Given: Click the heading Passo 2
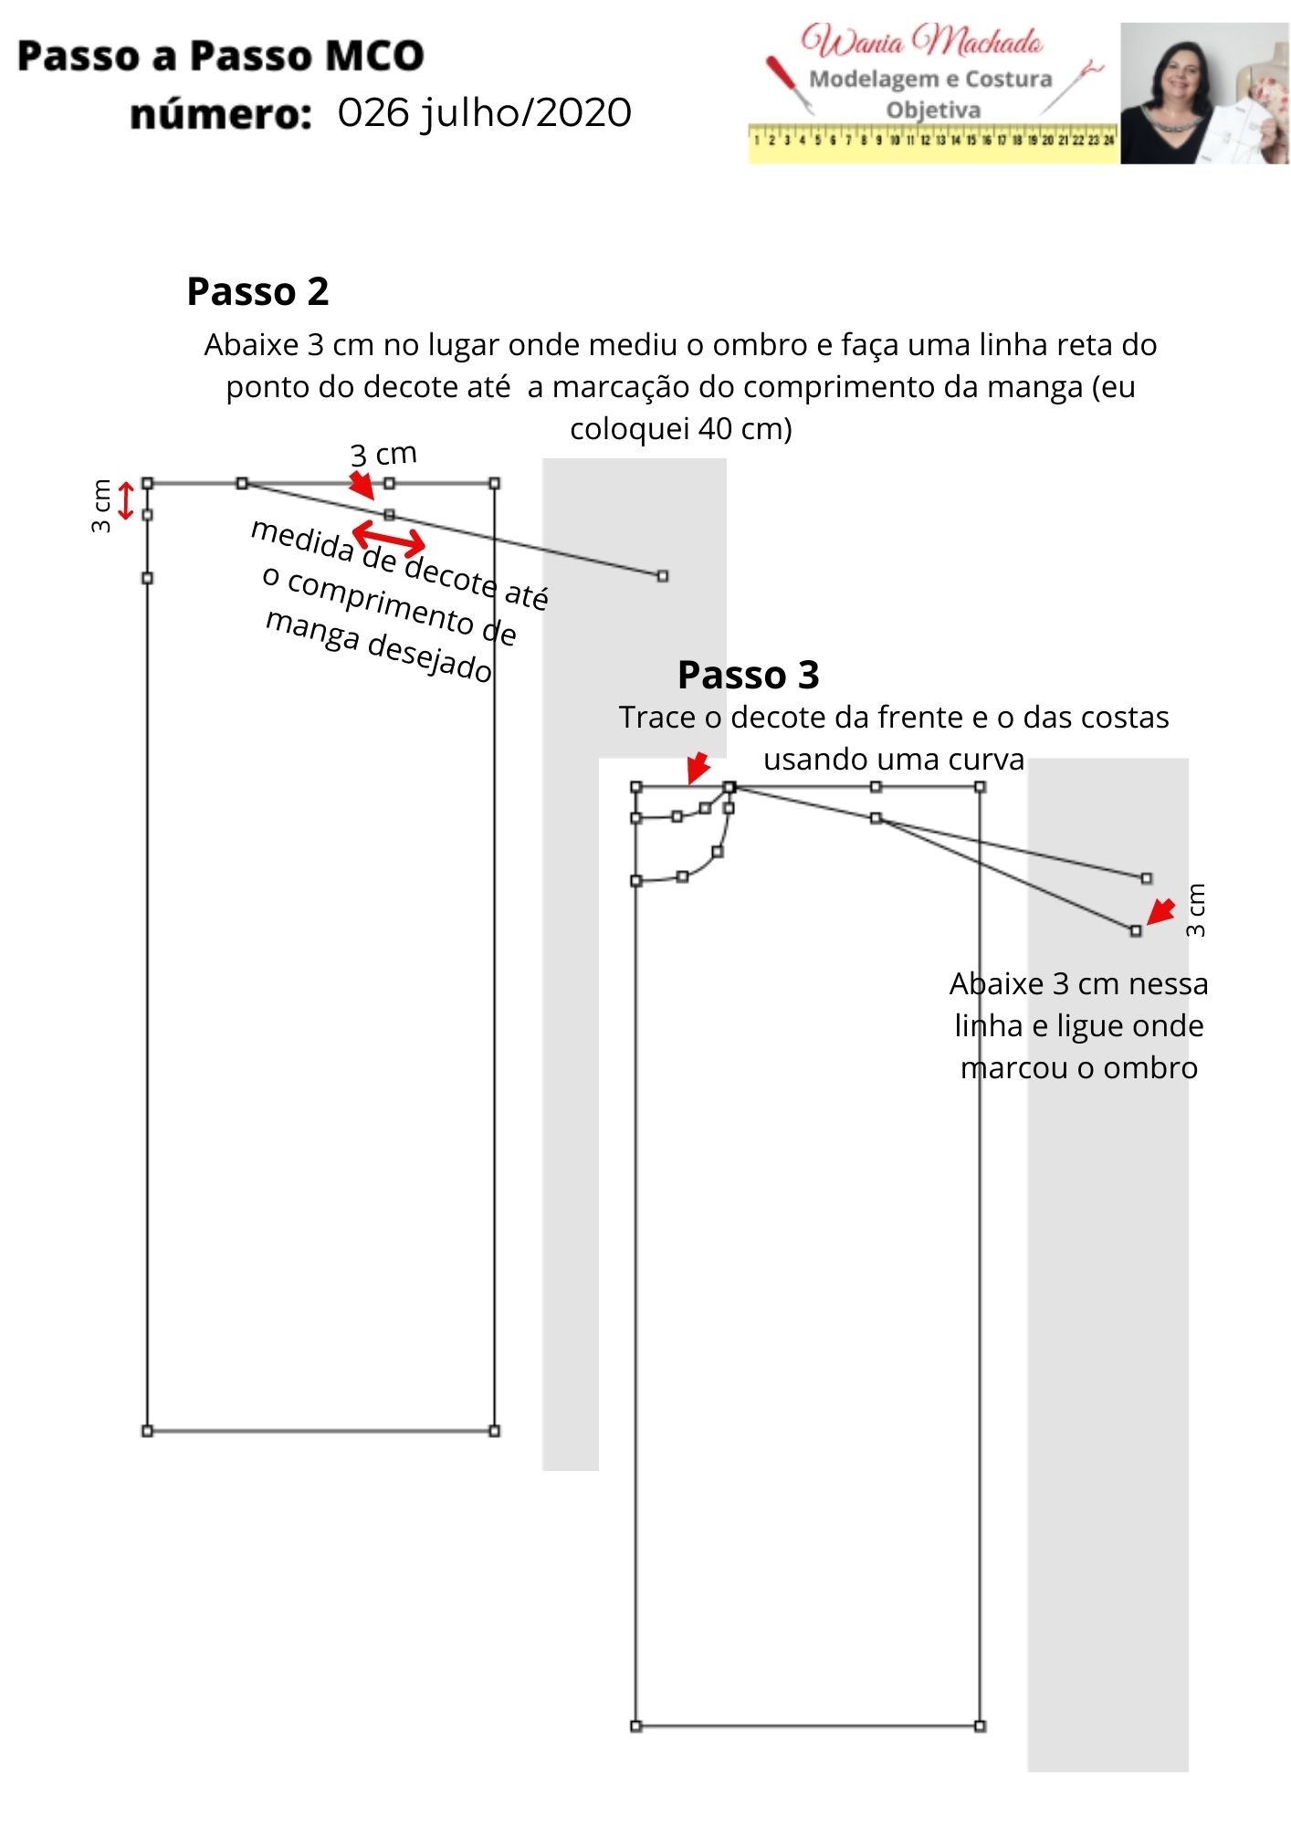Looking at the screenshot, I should [x=257, y=292].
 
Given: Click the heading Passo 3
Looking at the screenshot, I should [x=748, y=676].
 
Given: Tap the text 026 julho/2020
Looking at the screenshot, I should [x=484, y=113].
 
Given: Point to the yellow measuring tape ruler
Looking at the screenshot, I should [x=932, y=142].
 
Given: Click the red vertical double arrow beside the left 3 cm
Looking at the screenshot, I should [x=126, y=500].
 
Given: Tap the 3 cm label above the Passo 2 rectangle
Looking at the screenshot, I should [x=383, y=454].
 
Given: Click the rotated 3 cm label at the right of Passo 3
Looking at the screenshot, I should [x=1196, y=909].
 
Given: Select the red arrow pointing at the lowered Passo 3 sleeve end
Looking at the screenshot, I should [x=1160, y=912].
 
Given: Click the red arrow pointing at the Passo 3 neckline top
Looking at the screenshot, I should [x=698, y=768].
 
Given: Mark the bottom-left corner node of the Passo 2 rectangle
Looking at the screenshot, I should [x=148, y=1431].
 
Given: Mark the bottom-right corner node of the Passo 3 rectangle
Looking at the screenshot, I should [x=980, y=1726].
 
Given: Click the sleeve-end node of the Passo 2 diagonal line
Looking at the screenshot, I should [x=663, y=576].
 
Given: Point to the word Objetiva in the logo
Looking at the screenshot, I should [x=933, y=110].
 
